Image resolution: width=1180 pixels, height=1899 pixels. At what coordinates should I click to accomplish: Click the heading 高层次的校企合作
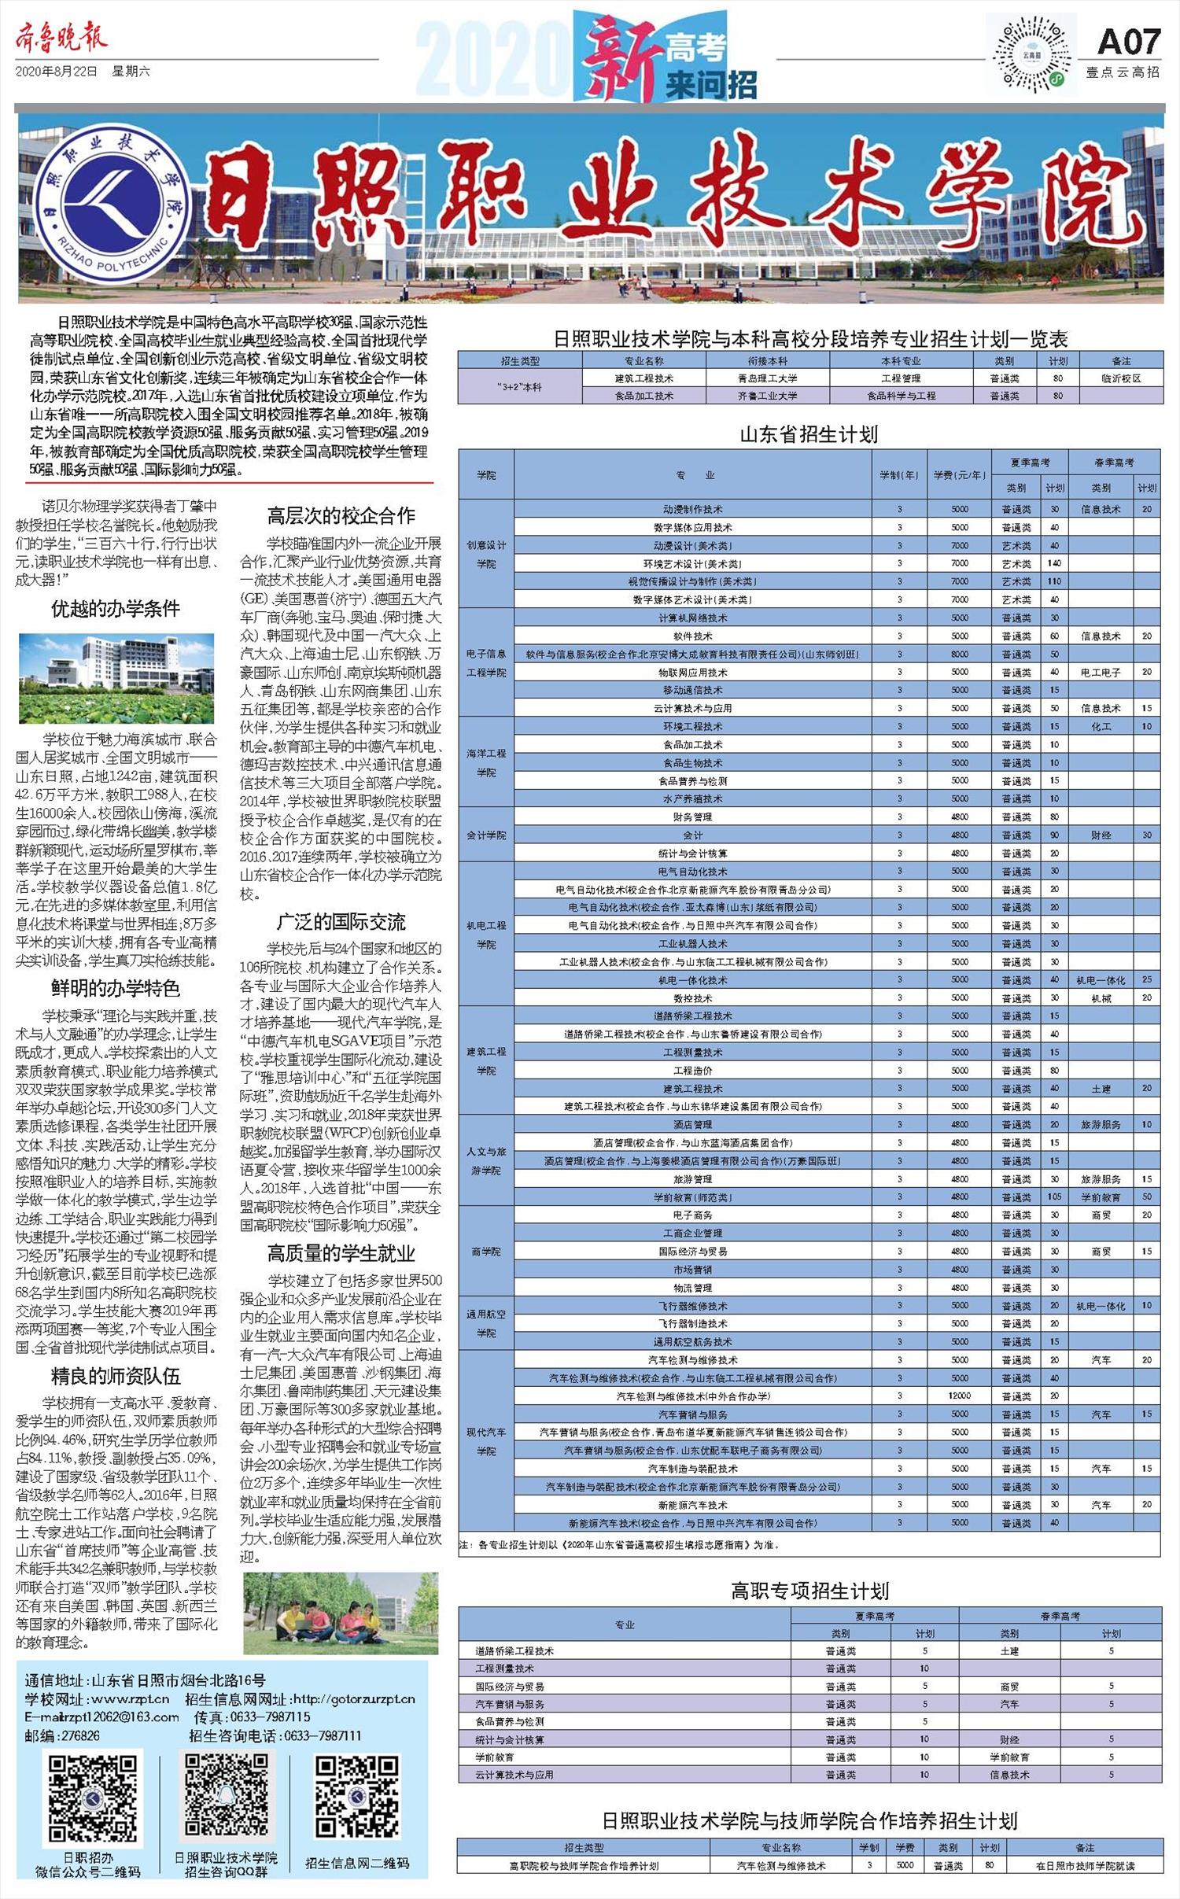point(341,516)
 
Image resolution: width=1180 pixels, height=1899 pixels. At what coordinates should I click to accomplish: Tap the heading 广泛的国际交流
point(341,921)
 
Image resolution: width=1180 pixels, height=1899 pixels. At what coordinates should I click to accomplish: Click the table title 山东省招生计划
point(809,434)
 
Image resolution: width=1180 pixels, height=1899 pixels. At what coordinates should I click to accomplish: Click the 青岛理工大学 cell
point(767,378)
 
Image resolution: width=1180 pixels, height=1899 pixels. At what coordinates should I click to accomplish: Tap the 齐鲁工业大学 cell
point(767,396)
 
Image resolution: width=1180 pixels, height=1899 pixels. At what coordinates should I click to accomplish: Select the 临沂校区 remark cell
point(1121,378)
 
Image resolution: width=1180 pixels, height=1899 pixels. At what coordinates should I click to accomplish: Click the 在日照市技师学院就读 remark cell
point(1085,1865)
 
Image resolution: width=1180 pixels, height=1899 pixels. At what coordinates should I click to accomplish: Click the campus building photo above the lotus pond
point(116,677)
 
